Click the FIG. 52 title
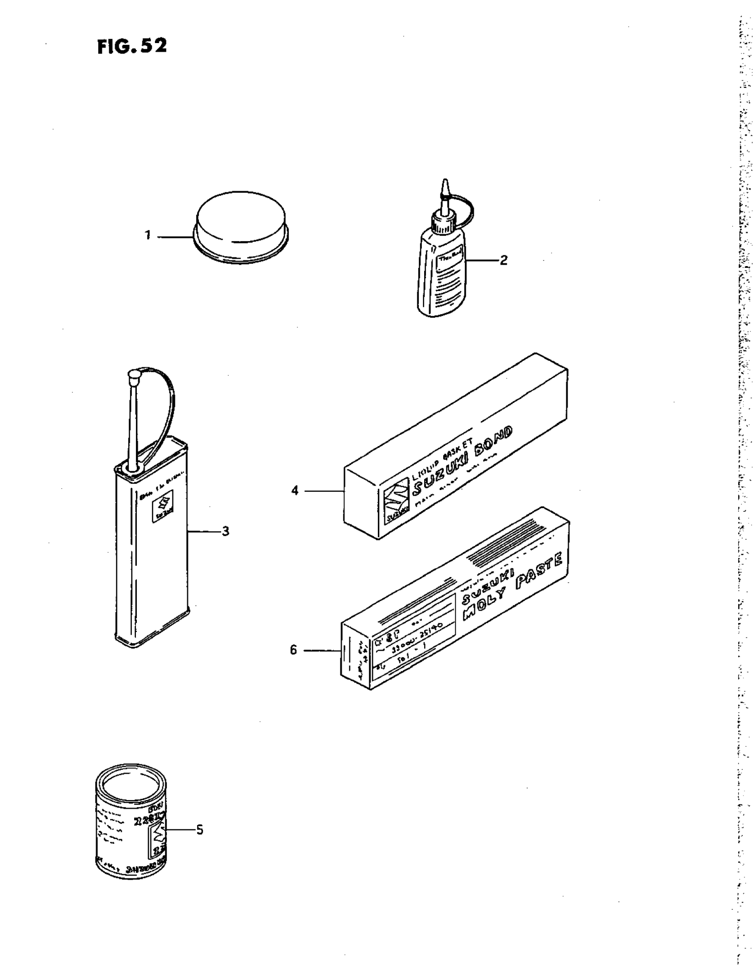click(x=131, y=46)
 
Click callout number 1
click(x=147, y=235)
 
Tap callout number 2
click(x=503, y=260)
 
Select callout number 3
click(x=225, y=531)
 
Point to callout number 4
click(x=294, y=491)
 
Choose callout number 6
click(x=294, y=650)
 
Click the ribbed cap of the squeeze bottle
click(x=444, y=223)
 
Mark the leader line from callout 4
click(x=324, y=491)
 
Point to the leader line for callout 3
click(x=204, y=531)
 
